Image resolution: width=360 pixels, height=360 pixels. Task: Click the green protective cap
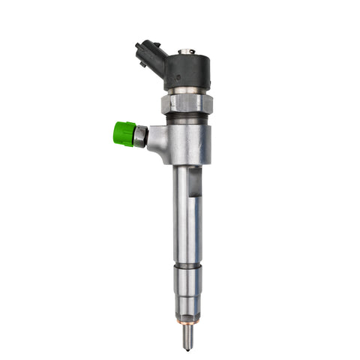[x=124, y=134]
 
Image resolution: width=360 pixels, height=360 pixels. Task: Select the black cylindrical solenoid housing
[x=187, y=71]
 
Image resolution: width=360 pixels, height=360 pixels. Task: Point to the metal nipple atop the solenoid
[x=186, y=52]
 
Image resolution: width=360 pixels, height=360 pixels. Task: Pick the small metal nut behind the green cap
[x=140, y=136]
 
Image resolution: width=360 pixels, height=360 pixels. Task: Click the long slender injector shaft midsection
[x=186, y=217]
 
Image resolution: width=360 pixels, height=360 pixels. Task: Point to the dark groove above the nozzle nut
[x=187, y=265]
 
